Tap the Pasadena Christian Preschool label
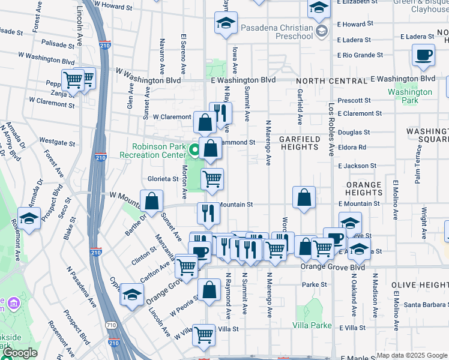277,32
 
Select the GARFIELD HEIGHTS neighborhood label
298,143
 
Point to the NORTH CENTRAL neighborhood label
325,81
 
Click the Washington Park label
409,96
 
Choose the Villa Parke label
312,325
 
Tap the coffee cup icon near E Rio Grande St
423,56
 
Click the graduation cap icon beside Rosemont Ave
29,218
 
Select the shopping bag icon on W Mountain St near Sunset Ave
152,201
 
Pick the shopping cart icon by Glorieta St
212,179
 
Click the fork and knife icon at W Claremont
220,112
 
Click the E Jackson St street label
357,166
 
